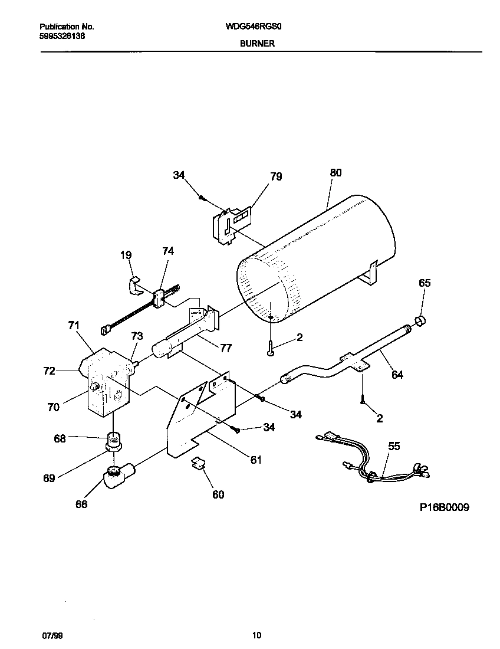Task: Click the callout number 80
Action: (x=335, y=173)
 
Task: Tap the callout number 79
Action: (x=276, y=176)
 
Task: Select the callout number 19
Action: (x=126, y=255)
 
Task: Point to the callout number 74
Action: (x=168, y=251)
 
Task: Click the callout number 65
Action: (x=425, y=283)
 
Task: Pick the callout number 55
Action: (x=394, y=446)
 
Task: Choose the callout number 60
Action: (x=218, y=494)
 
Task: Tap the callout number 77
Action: (x=225, y=348)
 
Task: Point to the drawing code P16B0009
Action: (x=445, y=507)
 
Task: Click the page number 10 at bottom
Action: (x=256, y=635)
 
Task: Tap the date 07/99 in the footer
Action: (x=51, y=635)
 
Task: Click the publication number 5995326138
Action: (x=62, y=35)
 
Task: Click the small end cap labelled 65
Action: (x=421, y=322)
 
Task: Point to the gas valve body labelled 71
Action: (x=106, y=383)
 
